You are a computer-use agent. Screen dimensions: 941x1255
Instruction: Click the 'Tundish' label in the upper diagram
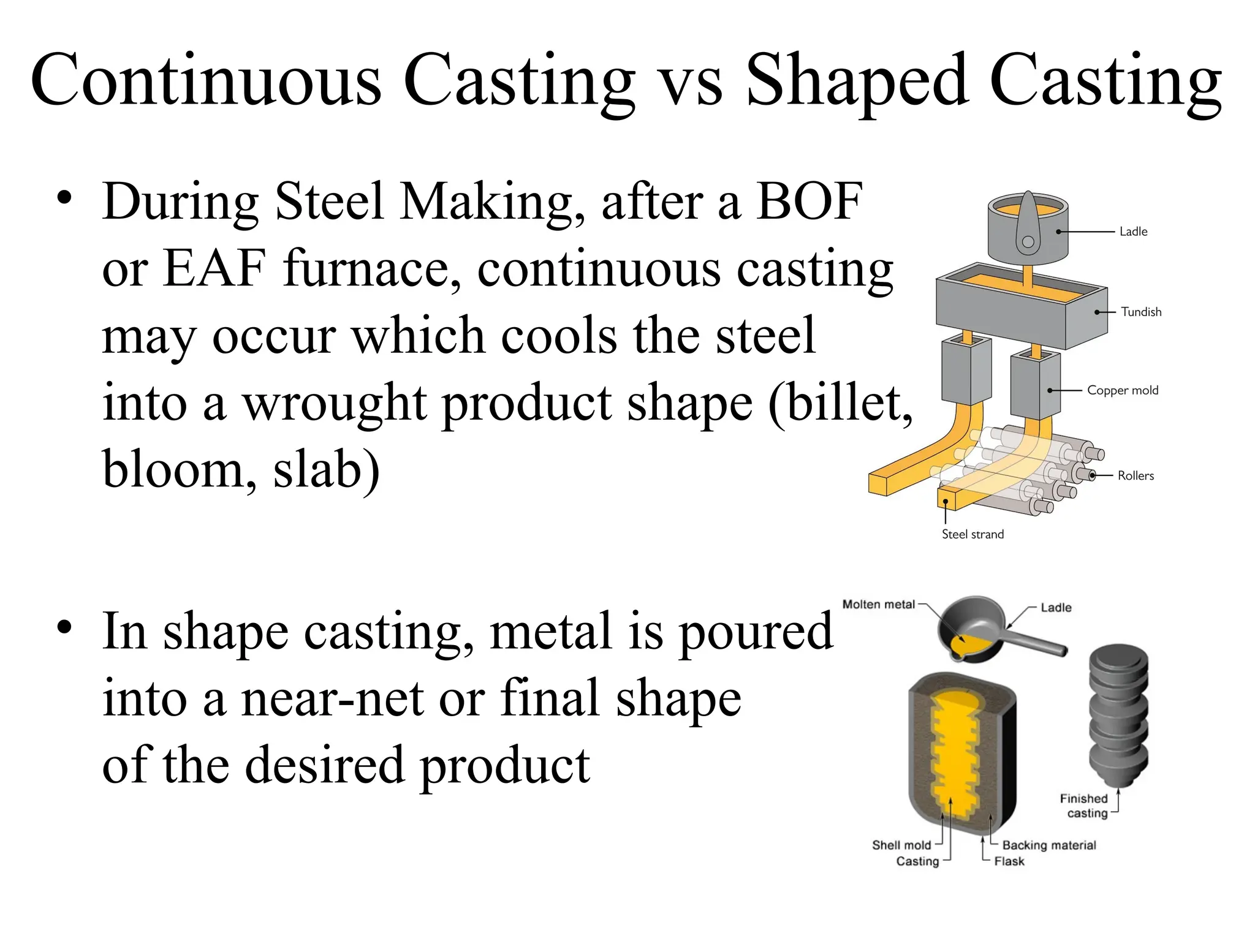[1141, 312]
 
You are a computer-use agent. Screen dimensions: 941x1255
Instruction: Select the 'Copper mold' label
[1123, 390]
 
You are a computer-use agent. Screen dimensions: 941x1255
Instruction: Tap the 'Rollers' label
[1136, 476]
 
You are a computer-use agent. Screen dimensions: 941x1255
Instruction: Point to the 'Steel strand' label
[973, 534]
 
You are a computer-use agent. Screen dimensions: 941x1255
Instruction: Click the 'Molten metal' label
[878, 605]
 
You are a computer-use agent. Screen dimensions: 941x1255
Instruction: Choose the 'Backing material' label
[1049, 845]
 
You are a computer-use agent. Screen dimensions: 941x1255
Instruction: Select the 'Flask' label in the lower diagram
[1009, 861]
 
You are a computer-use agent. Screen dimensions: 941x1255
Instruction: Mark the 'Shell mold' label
[901, 845]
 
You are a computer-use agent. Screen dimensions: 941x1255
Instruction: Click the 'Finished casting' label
[1084, 806]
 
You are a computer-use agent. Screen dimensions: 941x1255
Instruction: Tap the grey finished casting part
[1118, 717]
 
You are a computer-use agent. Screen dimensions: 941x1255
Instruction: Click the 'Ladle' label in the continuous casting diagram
[1133, 232]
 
